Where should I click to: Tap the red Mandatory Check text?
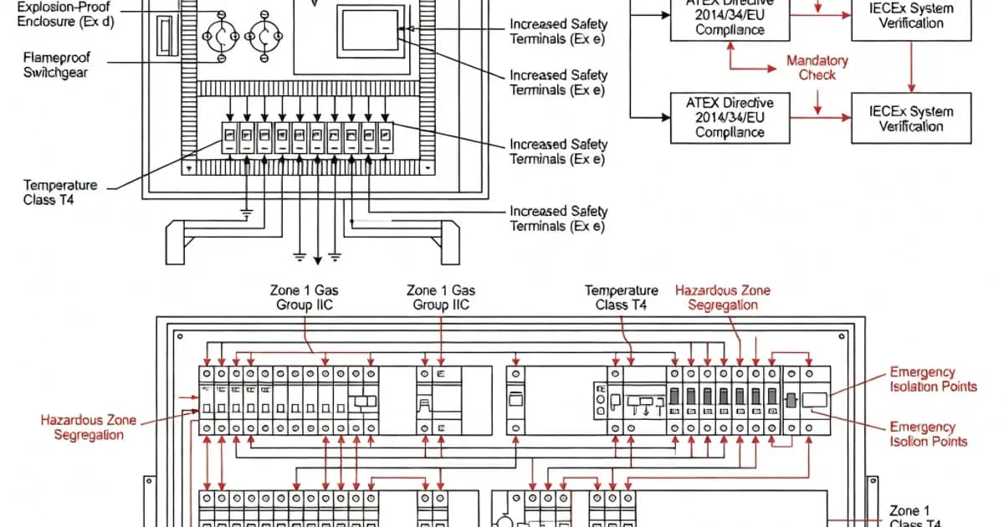(x=817, y=68)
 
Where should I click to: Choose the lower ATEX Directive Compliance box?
(x=730, y=117)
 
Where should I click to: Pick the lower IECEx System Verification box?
(x=910, y=119)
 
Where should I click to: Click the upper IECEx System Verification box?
(x=910, y=17)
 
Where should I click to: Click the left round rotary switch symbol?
(x=222, y=37)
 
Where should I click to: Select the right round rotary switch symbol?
(x=264, y=37)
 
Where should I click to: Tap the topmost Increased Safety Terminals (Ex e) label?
(x=558, y=32)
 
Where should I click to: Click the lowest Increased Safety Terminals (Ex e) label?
(x=558, y=219)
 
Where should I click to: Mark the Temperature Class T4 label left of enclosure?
(x=60, y=192)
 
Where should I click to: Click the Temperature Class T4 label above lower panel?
(x=621, y=298)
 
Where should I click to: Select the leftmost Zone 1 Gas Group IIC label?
(x=305, y=298)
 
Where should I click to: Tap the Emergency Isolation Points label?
(x=933, y=379)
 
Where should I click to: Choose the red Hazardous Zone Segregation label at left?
(x=88, y=427)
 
